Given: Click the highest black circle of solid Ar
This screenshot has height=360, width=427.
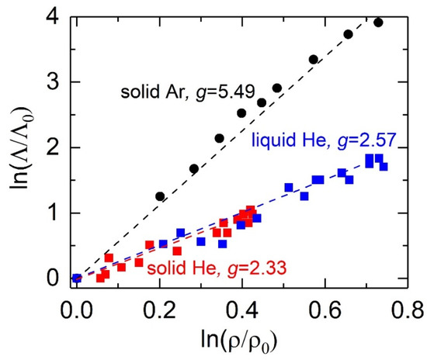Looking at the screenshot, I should pos(378,22).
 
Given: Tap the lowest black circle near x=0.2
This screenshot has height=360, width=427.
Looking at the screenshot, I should pos(160,196).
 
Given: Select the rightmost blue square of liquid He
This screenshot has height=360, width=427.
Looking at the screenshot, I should pos(384,167).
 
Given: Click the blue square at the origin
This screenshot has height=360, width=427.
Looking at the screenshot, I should pos(76,279).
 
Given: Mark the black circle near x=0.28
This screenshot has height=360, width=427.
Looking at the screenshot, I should pos(194,168).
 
